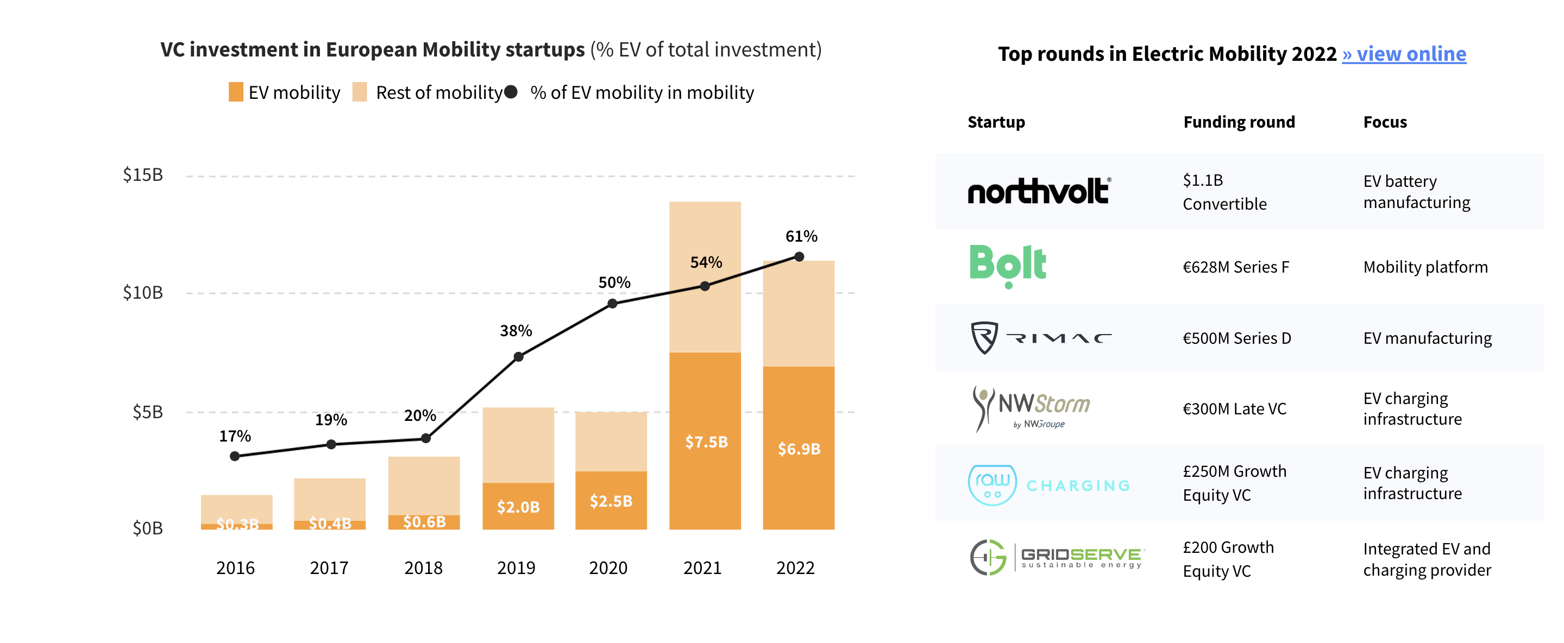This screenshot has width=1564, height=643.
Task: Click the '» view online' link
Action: [1404, 54]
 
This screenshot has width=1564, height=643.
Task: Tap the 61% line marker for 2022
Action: [799, 257]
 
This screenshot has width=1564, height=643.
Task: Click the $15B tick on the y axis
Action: [143, 175]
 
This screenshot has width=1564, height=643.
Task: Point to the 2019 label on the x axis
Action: [516, 568]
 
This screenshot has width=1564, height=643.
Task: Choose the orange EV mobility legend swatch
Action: [236, 92]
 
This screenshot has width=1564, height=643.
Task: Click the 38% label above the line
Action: [516, 331]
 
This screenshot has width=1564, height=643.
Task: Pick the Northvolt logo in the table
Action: [1039, 191]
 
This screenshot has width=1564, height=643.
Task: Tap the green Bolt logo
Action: [1007, 264]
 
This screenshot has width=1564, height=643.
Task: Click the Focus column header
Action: [1384, 122]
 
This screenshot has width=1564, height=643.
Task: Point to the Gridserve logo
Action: [1057, 557]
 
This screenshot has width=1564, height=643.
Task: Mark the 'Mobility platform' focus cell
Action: [1425, 267]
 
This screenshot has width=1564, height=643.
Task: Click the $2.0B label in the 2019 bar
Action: [518, 507]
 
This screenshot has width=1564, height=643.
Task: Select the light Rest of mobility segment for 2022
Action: [799, 313]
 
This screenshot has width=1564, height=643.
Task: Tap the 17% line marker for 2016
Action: [235, 456]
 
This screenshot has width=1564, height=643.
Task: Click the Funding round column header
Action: [1239, 122]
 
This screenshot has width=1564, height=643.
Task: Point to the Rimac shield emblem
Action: [984, 338]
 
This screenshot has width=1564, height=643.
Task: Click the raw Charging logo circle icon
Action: [992, 484]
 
